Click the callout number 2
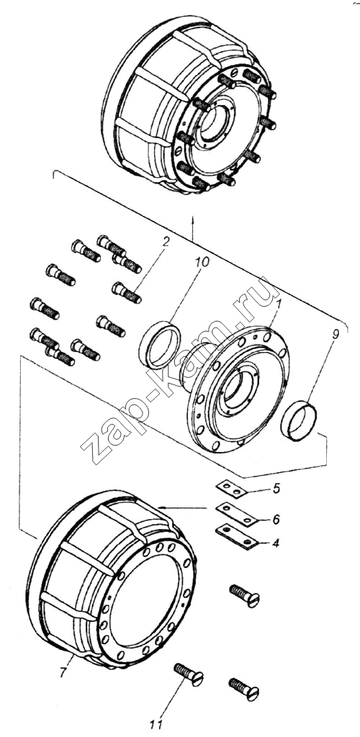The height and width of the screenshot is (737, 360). tap(166, 242)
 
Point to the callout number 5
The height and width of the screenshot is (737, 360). tap(276, 488)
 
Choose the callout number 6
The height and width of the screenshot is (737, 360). tap(276, 519)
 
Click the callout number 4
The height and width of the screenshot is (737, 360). tap(276, 543)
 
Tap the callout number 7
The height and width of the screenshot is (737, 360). tap(62, 674)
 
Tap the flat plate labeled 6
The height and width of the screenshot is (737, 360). tap(236, 514)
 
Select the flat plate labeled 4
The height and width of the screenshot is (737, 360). tap(237, 537)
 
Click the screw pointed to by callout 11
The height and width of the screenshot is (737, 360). tap(189, 674)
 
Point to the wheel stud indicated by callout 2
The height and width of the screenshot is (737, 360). tap(127, 292)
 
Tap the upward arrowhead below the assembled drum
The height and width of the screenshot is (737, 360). tap(193, 219)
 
